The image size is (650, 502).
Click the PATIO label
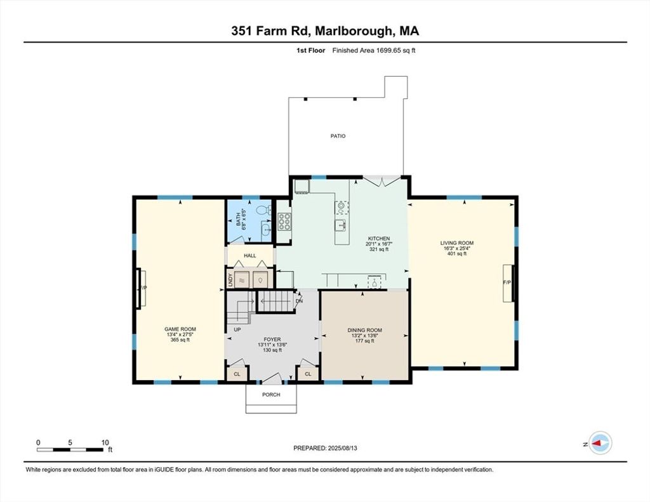click(x=338, y=136)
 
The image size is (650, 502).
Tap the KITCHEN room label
click(x=379, y=239)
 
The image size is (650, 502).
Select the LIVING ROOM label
click(x=457, y=243)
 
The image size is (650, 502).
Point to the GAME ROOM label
click(x=180, y=329)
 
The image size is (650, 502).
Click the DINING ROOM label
click(x=365, y=331)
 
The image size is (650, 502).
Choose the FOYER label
click(x=272, y=340)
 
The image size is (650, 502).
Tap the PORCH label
click(x=271, y=395)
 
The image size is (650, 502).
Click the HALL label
click(x=250, y=256)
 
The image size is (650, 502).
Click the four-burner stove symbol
click(x=284, y=221)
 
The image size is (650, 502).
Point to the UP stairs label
click(x=237, y=329)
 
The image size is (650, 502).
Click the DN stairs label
click(x=300, y=301)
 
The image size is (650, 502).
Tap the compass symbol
click(x=600, y=443)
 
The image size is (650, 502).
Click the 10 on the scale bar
click(x=105, y=443)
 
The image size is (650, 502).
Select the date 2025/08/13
click(x=342, y=448)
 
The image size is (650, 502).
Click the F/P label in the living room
click(x=507, y=282)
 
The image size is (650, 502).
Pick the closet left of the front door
click(x=237, y=374)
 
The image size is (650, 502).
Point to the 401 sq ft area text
click(x=457, y=254)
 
